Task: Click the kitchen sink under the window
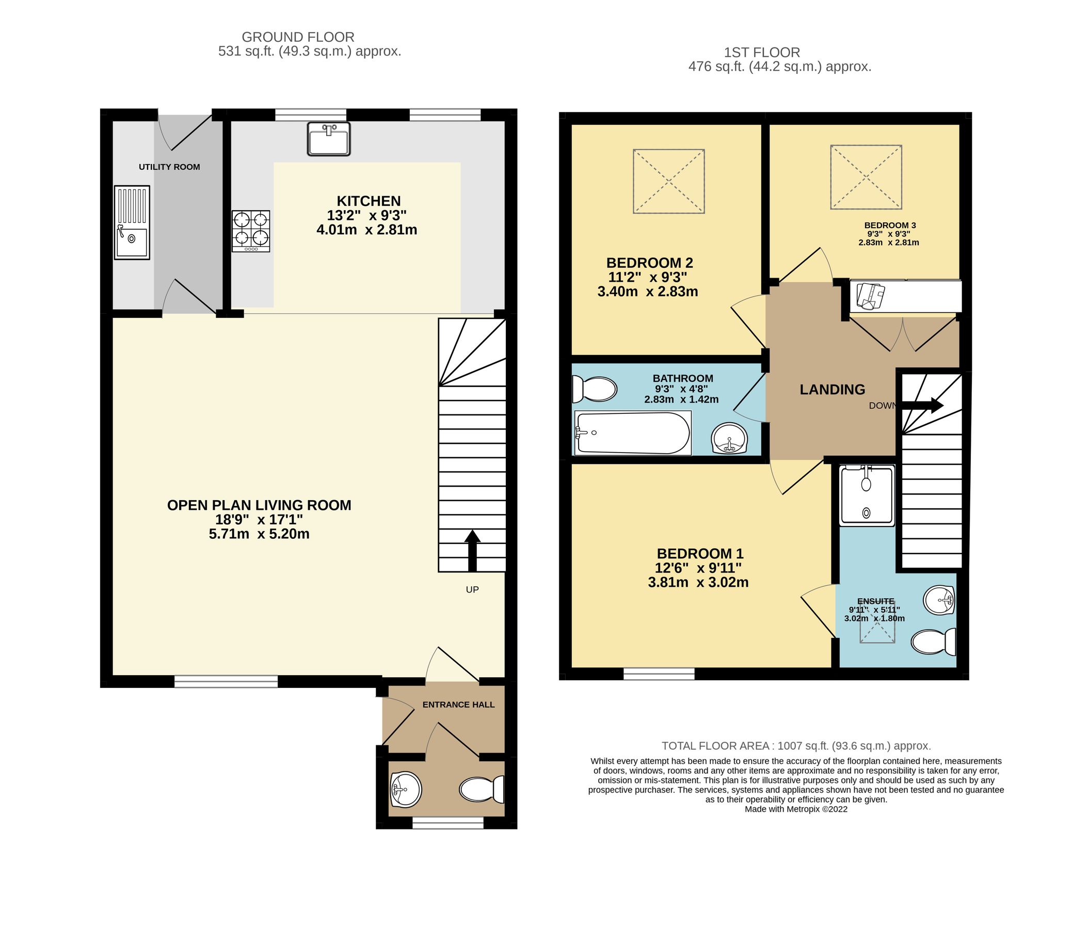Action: (x=328, y=139)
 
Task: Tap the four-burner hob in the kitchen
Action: (x=251, y=231)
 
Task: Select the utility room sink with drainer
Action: (x=132, y=222)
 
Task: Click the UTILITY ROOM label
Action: (x=169, y=167)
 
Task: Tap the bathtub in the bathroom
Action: (x=633, y=433)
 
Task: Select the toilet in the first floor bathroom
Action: (x=594, y=388)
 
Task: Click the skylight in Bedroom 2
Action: (x=669, y=182)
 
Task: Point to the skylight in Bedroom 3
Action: (x=866, y=178)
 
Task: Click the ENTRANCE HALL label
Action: (x=458, y=704)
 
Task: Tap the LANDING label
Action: (x=832, y=389)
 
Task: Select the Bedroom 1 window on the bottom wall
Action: (x=659, y=674)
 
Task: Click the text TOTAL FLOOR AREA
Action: (x=716, y=746)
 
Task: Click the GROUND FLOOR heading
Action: (x=298, y=37)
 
